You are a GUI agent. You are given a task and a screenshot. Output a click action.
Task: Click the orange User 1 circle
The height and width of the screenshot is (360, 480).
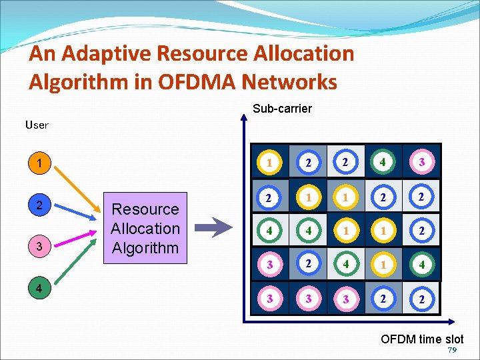41,163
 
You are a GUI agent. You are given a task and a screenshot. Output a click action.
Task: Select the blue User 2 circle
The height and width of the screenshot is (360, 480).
41,205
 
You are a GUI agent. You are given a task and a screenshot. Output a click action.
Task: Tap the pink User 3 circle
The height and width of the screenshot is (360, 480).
41,247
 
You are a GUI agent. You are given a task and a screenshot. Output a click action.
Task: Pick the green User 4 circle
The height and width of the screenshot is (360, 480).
41,289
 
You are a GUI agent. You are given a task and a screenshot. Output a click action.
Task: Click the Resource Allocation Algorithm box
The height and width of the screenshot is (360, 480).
145,228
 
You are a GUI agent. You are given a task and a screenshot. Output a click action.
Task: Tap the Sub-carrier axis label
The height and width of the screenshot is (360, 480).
282,109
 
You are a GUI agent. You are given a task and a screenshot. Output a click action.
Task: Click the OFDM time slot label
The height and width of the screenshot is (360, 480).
422,339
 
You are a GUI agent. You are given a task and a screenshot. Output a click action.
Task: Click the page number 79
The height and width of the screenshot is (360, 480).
453,351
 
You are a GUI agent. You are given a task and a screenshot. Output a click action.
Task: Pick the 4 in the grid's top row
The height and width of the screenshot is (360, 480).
383,162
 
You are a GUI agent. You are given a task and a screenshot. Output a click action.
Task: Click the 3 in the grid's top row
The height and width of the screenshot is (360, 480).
422,162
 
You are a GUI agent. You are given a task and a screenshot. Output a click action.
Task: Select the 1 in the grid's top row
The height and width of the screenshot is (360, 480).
269,162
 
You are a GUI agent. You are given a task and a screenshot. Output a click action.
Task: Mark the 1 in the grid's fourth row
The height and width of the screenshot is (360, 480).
383,264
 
